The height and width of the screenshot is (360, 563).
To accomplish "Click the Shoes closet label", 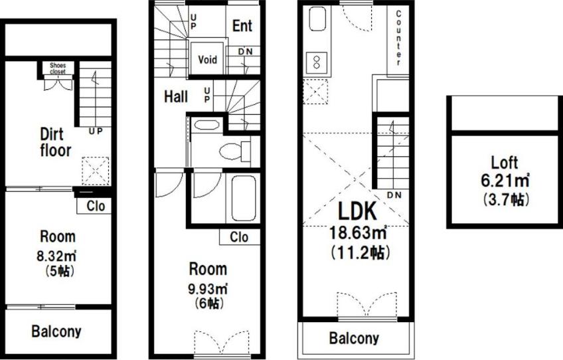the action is (58, 68).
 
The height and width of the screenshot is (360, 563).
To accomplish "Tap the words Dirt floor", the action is (55, 142).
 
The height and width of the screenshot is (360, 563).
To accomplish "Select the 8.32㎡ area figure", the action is (56, 256).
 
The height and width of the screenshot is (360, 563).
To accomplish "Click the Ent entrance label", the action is (242, 26).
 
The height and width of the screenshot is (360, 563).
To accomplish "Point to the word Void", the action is (208, 59).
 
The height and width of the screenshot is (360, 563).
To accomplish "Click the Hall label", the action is (176, 97).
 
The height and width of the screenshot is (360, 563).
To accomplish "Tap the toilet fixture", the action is (235, 151).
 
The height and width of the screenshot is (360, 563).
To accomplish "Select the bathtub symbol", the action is (244, 199).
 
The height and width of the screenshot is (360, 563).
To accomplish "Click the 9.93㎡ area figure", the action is (208, 289).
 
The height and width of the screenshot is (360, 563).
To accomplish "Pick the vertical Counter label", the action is (398, 38).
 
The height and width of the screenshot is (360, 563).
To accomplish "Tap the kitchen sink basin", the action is (317, 19).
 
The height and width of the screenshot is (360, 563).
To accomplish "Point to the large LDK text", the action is (358, 211).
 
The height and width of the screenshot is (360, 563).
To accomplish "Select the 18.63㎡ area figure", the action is (359, 233).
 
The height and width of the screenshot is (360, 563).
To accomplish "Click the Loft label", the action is (505, 163).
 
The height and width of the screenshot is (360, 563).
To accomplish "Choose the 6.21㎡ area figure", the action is (505, 181).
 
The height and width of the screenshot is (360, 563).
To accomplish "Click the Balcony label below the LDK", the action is (354, 339).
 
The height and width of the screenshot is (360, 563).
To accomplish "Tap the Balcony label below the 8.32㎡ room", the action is (56, 331).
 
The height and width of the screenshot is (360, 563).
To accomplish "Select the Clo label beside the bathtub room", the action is (239, 237).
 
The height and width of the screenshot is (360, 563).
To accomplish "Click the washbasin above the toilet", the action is (206, 126).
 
